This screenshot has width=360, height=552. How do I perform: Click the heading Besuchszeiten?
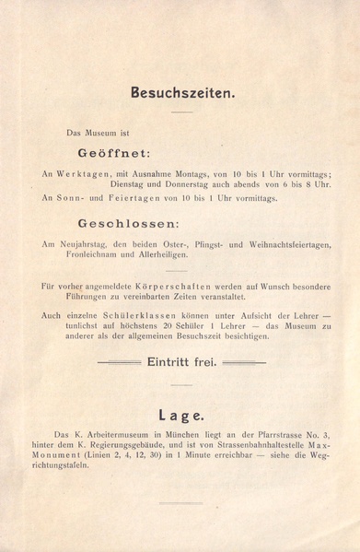[182, 92]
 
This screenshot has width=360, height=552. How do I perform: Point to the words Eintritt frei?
[181, 362]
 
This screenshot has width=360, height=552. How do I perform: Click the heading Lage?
[180, 415]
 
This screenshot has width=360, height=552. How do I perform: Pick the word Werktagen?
[85, 173]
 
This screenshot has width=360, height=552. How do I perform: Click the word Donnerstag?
[190, 184]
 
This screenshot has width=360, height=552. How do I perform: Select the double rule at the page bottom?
[180, 502]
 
